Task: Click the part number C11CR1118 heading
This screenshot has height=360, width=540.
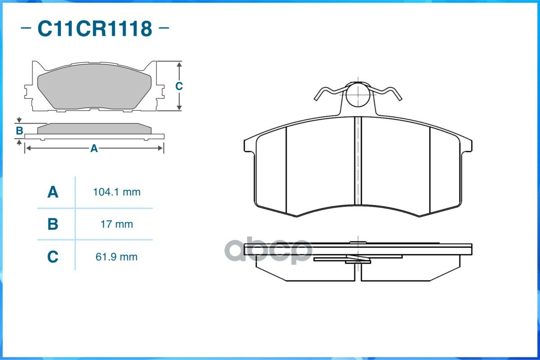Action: [95, 28]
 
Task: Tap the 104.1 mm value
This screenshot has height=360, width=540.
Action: [117, 192]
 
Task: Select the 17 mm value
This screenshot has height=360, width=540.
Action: [117, 225]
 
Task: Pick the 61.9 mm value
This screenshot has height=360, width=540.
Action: [116, 257]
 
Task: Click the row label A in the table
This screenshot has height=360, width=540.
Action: [53, 192]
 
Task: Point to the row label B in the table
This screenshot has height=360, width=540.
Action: [53, 225]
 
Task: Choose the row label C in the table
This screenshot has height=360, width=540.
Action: [53, 257]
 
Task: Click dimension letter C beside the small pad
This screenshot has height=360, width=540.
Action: [179, 86]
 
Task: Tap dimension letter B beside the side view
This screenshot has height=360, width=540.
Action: [19, 131]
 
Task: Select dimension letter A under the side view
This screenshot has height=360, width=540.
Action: [94, 148]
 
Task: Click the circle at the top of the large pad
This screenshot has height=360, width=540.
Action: [358, 94]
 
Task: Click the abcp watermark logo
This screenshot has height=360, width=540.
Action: [268, 250]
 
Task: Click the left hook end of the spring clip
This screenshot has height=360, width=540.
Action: [316, 99]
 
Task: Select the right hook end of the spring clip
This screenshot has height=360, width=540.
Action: [399, 99]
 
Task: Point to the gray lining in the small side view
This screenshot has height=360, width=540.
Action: [94, 129]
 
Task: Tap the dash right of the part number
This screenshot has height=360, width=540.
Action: [164, 28]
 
